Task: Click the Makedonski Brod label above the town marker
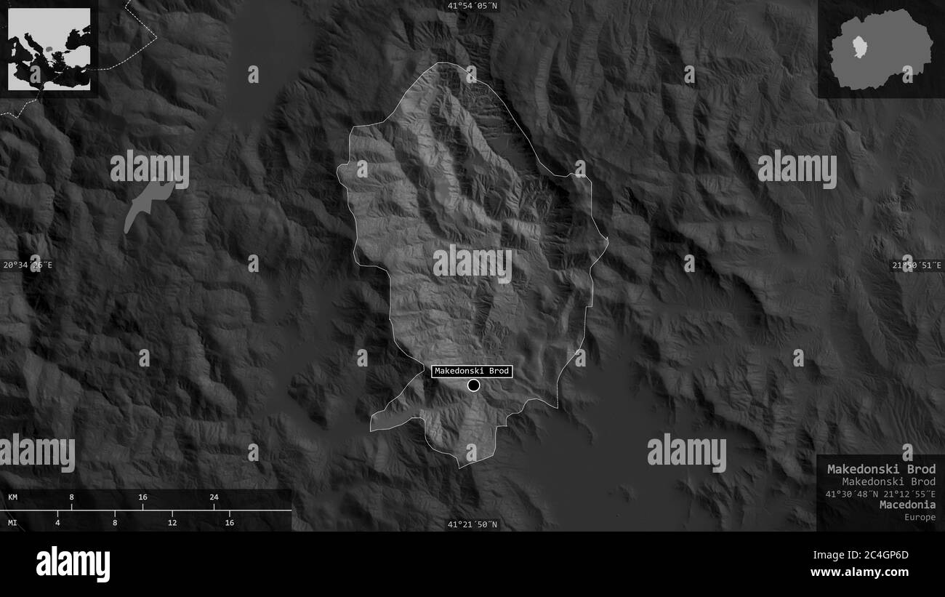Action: tap(472, 372)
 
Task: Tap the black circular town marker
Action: tap(474, 385)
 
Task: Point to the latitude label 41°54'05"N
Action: tap(472, 6)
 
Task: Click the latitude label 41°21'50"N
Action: tap(472, 524)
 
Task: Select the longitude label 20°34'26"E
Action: tap(28, 265)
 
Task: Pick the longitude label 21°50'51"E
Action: tap(917, 265)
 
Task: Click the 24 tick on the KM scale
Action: tap(214, 497)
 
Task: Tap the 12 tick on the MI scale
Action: tap(172, 522)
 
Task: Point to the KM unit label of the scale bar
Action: tap(13, 497)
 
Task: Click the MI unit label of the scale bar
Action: tap(13, 522)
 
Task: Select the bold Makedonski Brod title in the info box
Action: tap(881, 469)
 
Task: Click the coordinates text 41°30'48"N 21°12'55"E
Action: tap(880, 494)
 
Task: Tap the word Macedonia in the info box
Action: tap(907, 505)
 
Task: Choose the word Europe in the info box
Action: tap(920, 517)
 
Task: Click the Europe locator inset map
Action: tap(49, 49)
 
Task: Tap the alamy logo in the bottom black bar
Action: tap(73, 564)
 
